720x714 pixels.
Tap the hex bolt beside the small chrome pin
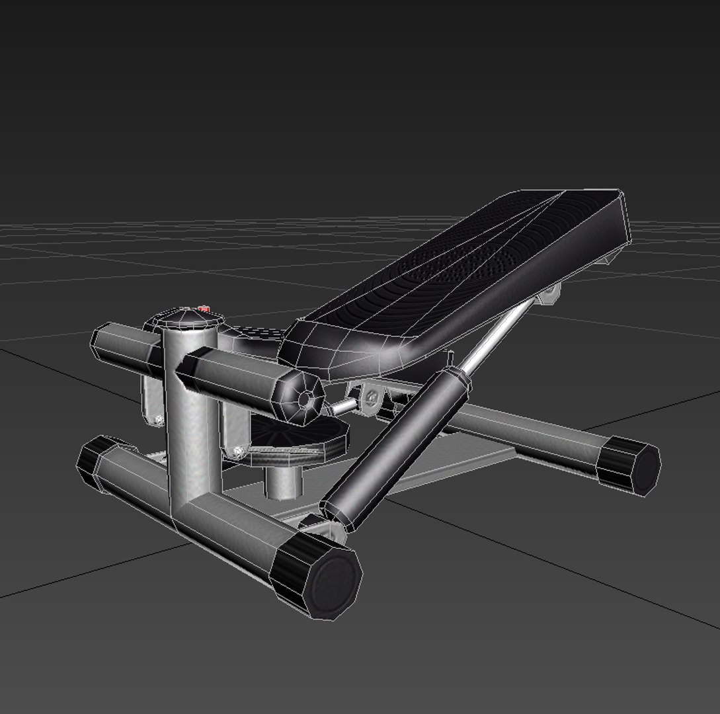pyautogui.click(x=370, y=397)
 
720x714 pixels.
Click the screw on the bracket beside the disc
pyautogui.click(x=239, y=452)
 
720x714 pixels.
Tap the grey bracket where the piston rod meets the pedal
pyautogui.click(x=548, y=295)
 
